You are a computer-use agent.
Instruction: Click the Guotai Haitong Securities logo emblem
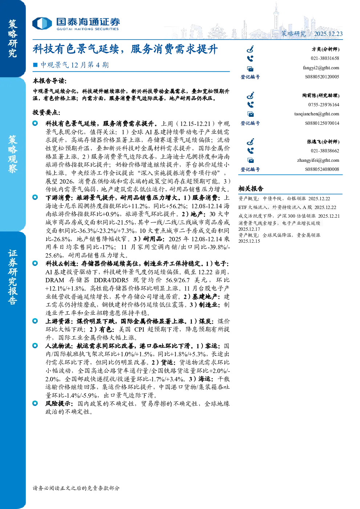point(42,23)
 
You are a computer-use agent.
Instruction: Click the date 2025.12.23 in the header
point(328,34)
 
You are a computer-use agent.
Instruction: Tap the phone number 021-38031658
point(325,58)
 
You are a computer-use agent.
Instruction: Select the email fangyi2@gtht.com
point(321,68)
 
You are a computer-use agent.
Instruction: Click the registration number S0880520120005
point(322,77)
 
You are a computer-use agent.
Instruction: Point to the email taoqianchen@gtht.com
point(316,114)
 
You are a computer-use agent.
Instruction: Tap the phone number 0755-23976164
point(324,105)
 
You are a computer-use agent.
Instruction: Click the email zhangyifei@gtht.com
point(318,160)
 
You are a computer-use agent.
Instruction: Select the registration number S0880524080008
point(322,169)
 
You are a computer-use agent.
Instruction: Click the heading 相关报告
point(251,188)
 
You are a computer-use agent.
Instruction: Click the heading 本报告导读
point(50,81)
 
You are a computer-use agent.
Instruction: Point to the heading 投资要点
point(46,112)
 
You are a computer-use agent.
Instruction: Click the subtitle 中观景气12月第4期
point(74,65)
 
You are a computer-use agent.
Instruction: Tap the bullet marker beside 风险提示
point(35,403)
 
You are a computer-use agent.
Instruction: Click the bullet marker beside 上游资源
point(35,321)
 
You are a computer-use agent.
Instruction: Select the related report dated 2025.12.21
point(289,216)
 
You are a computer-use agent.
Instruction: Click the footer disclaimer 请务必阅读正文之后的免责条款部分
point(76,488)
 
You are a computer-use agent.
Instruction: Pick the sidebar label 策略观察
point(13,154)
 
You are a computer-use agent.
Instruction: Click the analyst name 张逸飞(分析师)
point(323,141)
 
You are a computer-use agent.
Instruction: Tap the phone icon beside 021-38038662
point(250,151)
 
